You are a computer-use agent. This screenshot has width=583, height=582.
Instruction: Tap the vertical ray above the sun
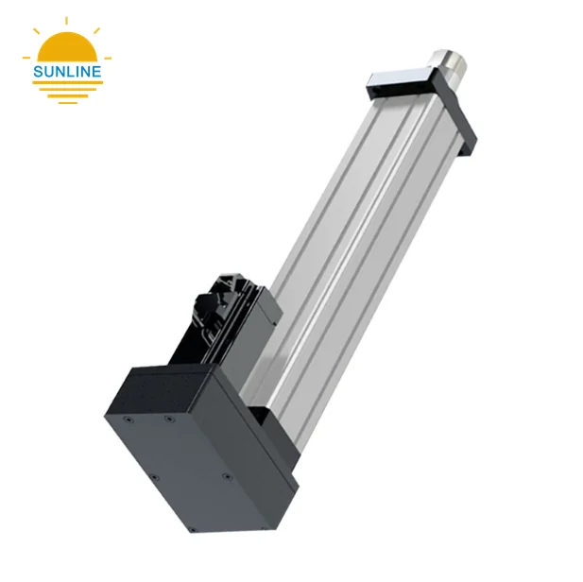point(67,18)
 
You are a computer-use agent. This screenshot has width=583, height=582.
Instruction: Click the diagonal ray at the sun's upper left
point(38,31)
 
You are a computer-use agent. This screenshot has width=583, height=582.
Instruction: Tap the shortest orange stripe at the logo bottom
point(67,100)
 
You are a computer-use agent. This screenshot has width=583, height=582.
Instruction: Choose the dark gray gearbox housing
point(189,435)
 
